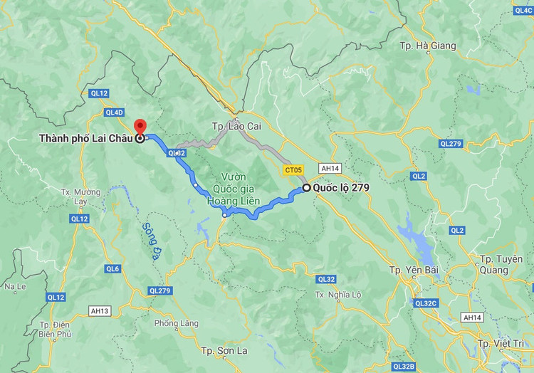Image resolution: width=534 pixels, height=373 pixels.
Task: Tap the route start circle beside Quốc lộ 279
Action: point(306,188)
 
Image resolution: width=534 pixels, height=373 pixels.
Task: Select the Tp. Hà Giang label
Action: point(427,46)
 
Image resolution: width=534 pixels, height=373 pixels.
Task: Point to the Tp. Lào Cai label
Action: point(236,126)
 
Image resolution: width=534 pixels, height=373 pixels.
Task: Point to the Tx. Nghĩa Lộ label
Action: point(338,295)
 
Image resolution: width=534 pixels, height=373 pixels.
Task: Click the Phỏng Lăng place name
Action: point(176,323)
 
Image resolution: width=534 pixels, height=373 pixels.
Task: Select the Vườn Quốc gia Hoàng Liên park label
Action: point(228,189)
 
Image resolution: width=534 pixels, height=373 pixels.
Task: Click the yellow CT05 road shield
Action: point(293,170)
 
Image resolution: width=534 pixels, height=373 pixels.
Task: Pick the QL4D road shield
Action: point(114,112)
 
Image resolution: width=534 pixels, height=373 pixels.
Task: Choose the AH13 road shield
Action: point(100,310)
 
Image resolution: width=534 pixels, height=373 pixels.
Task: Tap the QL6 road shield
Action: point(112,268)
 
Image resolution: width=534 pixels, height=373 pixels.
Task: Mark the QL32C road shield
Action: point(426,303)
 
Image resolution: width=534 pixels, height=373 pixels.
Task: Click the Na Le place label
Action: point(15,287)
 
